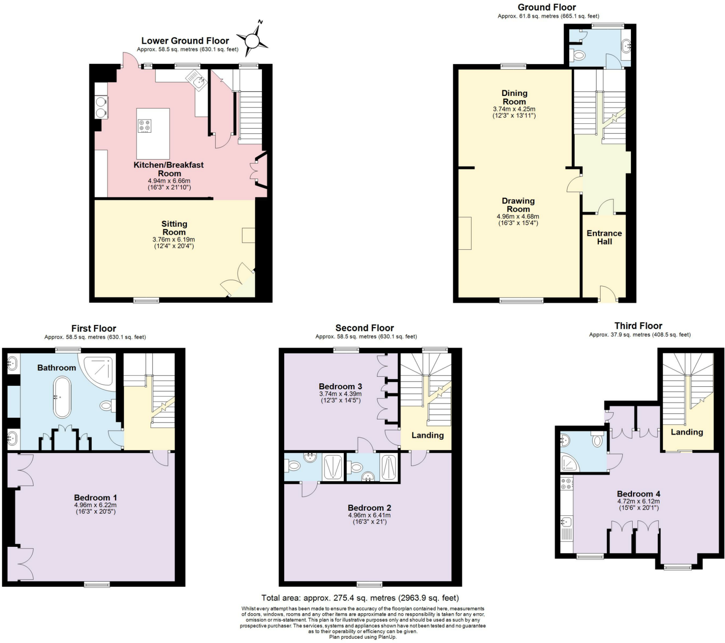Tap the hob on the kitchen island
[144, 126]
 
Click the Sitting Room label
[174, 228]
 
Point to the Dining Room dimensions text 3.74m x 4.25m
[514, 109]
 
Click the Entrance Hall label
[604, 237]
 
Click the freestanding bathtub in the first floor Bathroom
[62, 397]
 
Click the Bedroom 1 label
[95, 497]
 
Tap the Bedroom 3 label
[340, 386]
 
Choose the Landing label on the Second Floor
[427, 435]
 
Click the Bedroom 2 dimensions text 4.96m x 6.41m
[369, 515]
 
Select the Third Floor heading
[638, 326]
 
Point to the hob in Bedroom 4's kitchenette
[566, 484]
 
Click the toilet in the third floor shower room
[597, 441]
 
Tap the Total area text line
[360, 598]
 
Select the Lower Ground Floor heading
[185, 41]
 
